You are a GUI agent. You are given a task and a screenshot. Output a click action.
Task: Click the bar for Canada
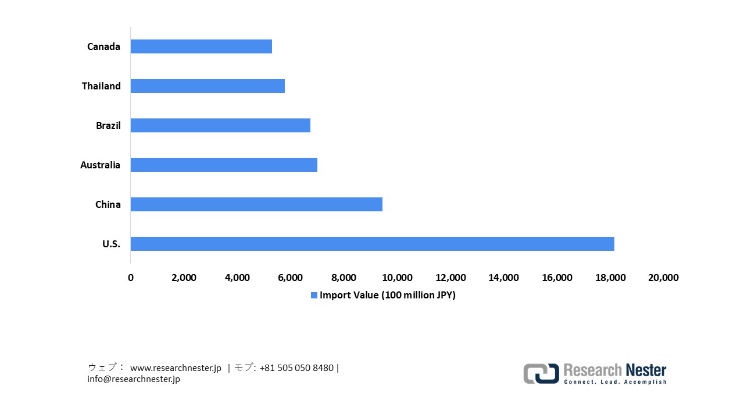point(201,46)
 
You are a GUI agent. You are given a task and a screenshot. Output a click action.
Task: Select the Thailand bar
point(208,86)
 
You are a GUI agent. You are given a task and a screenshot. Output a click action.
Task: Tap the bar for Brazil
point(220,125)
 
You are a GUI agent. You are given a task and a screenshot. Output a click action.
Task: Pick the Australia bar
point(224,165)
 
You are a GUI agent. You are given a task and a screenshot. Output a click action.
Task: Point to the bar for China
point(256,204)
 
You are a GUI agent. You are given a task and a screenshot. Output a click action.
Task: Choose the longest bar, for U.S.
point(372,244)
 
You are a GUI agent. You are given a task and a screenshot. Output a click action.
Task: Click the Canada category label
point(103,46)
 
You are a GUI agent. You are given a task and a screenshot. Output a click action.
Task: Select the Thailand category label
point(101,86)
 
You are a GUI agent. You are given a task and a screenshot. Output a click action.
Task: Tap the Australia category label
point(100,165)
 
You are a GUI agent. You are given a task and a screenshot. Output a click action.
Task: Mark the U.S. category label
point(111,244)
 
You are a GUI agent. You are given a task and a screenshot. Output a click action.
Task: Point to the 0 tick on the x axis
point(131,278)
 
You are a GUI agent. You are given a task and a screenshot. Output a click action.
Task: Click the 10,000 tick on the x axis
point(397,278)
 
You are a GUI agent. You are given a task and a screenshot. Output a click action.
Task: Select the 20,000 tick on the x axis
point(663,278)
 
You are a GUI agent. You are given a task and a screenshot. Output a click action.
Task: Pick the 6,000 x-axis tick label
point(291,278)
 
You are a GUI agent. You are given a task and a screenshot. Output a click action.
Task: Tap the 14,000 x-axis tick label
point(503,278)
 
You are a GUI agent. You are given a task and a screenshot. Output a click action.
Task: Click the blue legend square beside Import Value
point(314,296)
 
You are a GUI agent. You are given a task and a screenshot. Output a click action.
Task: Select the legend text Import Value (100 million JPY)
point(388,296)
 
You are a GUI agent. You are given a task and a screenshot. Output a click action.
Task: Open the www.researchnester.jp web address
point(176,368)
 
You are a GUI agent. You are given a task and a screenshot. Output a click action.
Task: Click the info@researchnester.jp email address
point(134,379)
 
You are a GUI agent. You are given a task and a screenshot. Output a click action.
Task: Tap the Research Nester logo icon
point(541,373)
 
